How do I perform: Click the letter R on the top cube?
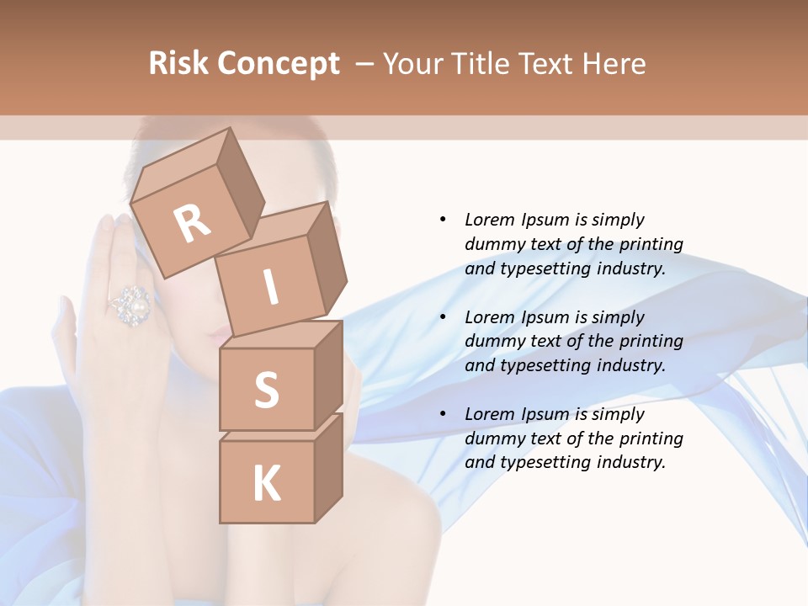(193, 223)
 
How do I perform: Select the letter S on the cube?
(266, 391)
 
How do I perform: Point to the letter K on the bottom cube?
(266, 484)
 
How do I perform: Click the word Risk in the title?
(179, 64)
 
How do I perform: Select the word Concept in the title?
(279, 64)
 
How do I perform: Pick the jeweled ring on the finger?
(131, 305)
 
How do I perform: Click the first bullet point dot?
(443, 220)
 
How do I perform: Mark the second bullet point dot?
(443, 317)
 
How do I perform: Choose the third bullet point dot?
(443, 414)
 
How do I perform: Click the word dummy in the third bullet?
(490, 439)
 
